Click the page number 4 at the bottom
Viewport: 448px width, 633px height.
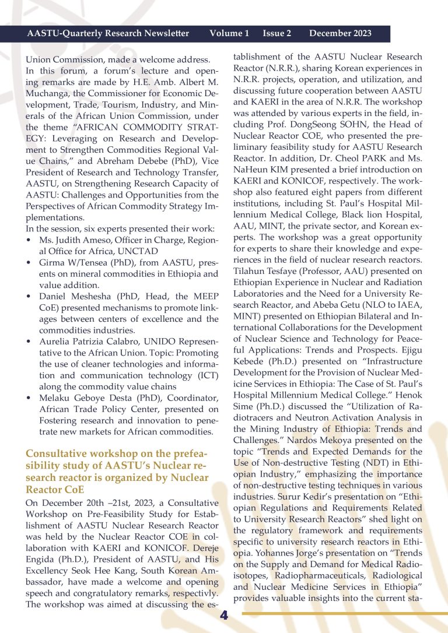coord(224,616)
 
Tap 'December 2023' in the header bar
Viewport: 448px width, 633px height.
coord(340,33)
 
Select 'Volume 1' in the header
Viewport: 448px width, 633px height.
coord(229,33)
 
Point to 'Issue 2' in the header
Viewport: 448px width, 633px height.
coord(276,33)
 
